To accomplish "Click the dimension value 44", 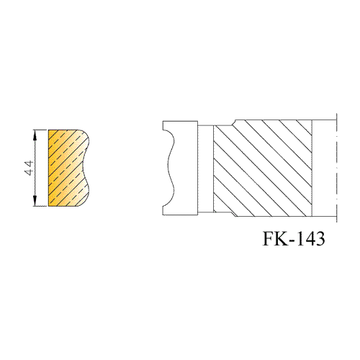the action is click(x=29, y=168).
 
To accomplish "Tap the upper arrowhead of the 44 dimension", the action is click(x=35, y=135).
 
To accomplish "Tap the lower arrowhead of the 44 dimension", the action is click(x=35, y=201).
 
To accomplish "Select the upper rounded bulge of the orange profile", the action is click(x=87, y=139).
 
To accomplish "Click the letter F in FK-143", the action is click(x=269, y=238).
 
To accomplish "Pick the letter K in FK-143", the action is click(x=282, y=238).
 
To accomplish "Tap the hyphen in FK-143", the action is click(x=293, y=240).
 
